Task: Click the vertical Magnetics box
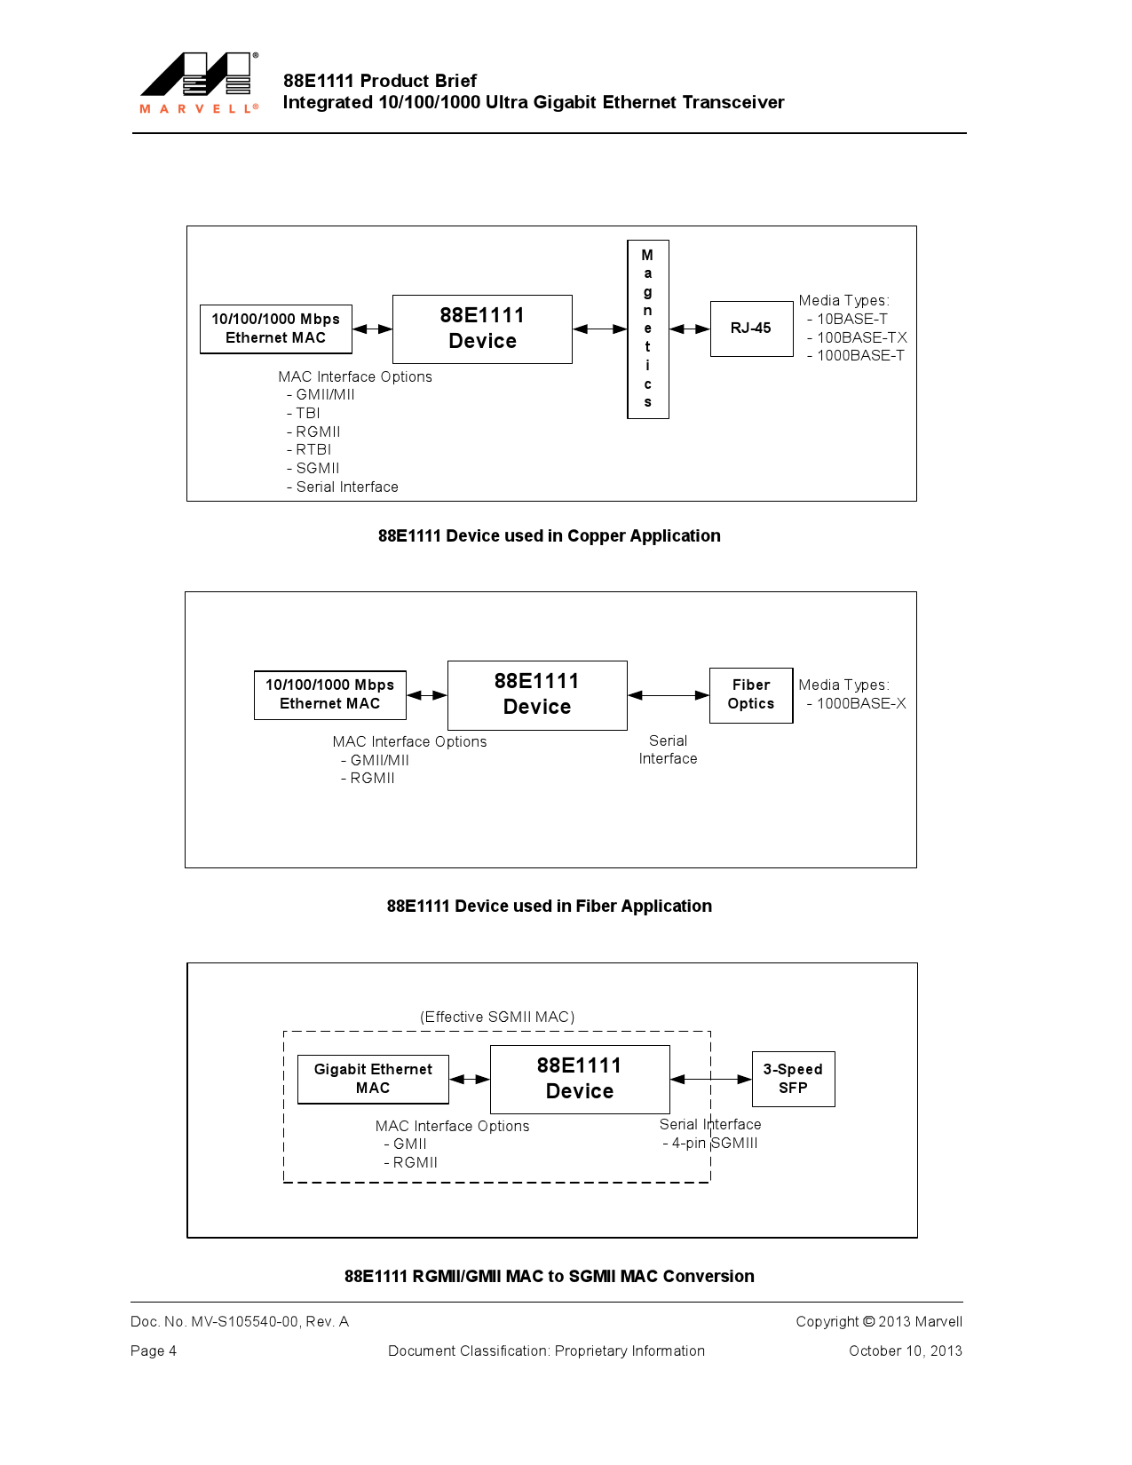tap(647, 329)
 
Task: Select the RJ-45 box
tap(751, 329)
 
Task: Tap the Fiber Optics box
tap(751, 694)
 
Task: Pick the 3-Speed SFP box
tap(793, 1079)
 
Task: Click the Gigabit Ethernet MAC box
tap(373, 1079)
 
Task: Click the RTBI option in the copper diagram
tap(313, 449)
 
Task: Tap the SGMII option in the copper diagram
tap(317, 468)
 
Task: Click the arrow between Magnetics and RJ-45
tap(690, 329)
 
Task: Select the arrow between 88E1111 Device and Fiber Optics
tap(669, 695)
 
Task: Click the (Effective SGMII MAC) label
tap(497, 1017)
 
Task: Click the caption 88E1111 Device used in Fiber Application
tap(549, 906)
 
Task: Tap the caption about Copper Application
tap(549, 535)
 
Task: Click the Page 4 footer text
tap(154, 1350)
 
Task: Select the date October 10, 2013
tap(905, 1350)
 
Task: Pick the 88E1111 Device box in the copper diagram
tap(482, 329)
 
